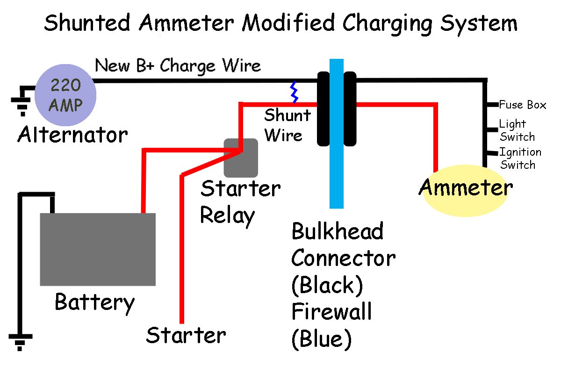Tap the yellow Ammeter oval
click(465, 192)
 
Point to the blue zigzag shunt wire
click(294, 93)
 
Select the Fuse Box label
click(522, 105)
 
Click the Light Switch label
click(516, 130)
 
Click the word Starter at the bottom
click(186, 335)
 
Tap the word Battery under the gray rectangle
click(94, 302)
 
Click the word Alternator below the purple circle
click(72, 135)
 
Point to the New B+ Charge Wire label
click(178, 65)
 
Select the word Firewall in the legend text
click(331, 311)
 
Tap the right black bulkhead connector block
click(350, 108)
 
